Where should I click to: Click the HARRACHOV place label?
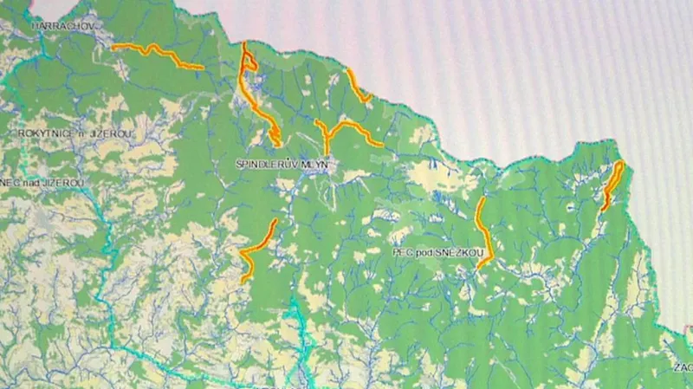point(62,27)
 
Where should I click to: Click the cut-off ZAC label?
point(682,368)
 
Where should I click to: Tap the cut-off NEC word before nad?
point(10,183)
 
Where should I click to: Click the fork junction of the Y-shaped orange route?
point(328,135)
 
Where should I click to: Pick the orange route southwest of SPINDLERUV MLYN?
point(257,249)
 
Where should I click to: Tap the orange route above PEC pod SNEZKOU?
point(483,230)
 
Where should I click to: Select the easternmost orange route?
point(612,185)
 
